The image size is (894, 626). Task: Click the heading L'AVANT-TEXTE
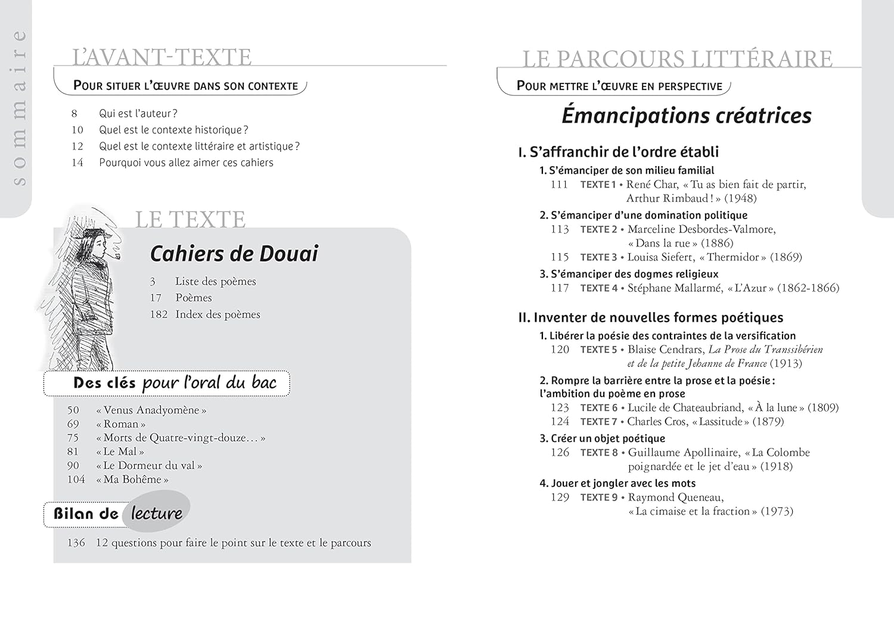[x=162, y=57]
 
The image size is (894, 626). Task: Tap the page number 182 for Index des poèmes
[x=159, y=314]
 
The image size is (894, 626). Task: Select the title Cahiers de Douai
[x=234, y=254]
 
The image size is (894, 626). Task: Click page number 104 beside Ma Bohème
[x=76, y=479]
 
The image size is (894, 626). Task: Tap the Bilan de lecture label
[x=118, y=513]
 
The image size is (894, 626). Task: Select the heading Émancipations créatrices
[x=686, y=116]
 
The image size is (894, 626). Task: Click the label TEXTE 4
[x=598, y=288]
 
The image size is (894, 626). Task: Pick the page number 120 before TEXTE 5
[x=560, y=350]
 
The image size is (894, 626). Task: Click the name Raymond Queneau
[x=675, y=497]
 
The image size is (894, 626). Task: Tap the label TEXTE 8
[x=599, y=453]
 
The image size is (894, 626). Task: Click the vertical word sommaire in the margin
[x=20, y=107]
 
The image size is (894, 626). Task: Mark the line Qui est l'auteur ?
[x=138, y=114]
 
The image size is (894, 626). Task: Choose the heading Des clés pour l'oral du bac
[x=174, y=383]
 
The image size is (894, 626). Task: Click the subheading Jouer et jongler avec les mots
[x=617, y=484]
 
